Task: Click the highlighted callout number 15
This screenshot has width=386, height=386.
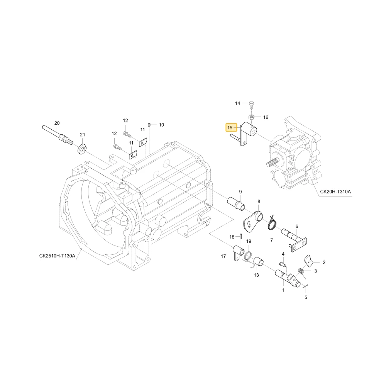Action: pos(230,128)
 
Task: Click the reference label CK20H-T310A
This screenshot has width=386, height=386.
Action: pos(335,191)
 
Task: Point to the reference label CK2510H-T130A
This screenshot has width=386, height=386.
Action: pos(57,256)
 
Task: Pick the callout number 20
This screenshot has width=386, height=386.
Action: pos(57,123)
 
